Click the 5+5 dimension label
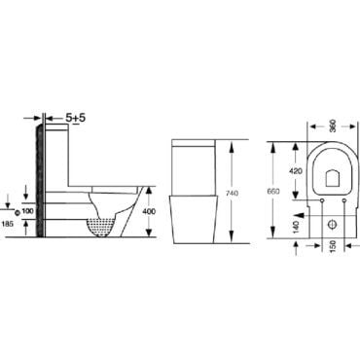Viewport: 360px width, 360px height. point(75,118)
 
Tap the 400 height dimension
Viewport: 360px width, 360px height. point(149,211)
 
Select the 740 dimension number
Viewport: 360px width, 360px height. point(232,193)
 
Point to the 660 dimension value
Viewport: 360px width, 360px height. point(273,191)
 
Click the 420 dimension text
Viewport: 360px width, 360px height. point(297,171)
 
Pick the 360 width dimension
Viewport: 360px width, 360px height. point(332,126)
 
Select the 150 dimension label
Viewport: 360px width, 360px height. point(334,246)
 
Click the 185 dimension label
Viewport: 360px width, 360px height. point(7,223)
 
